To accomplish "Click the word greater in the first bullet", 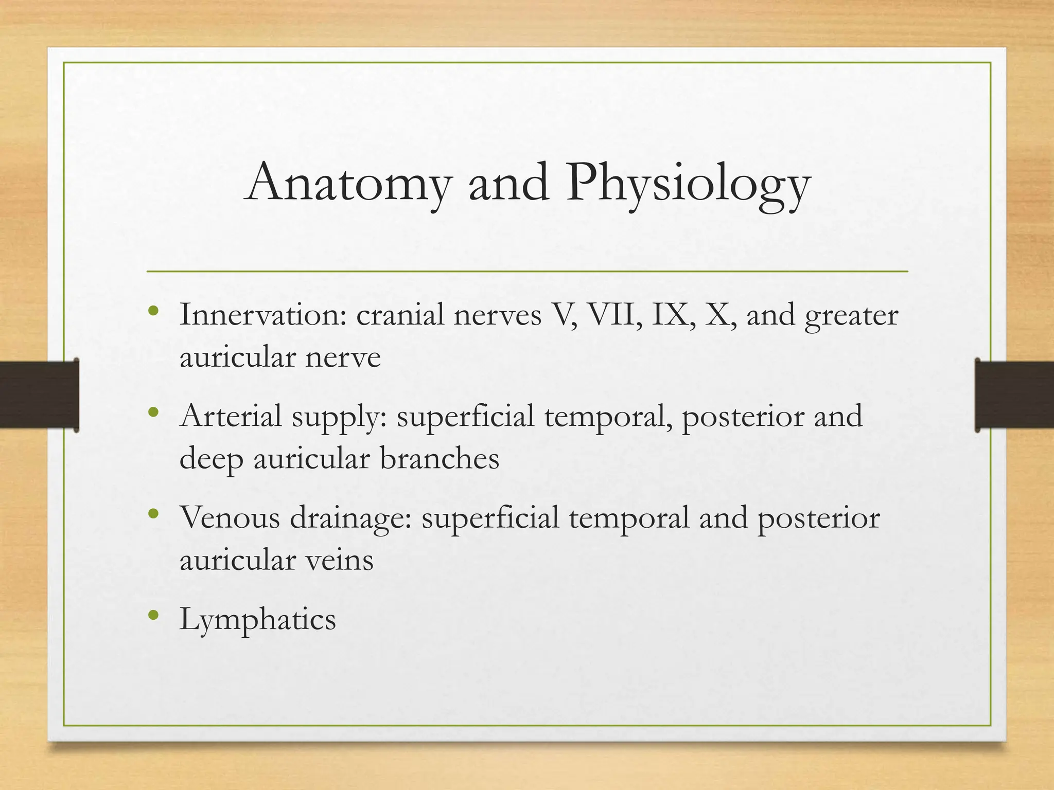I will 851,316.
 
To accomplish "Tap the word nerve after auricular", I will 343,357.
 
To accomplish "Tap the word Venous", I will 230,517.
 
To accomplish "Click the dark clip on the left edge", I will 39,395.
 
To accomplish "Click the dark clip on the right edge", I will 1014,395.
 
